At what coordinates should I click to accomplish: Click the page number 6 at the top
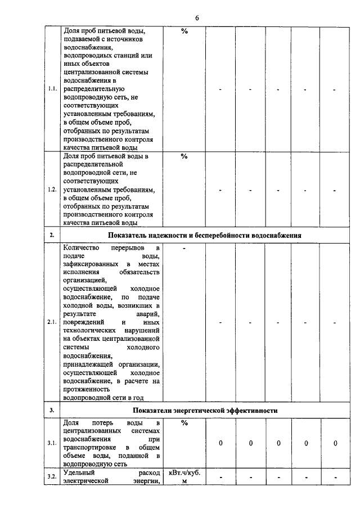pos(197,17)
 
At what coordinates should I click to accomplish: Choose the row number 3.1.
pos(52,444)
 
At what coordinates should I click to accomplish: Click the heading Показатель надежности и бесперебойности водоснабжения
pos(205,235)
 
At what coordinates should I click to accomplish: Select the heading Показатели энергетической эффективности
pos(205,411)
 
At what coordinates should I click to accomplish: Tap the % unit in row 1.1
pos(184,31)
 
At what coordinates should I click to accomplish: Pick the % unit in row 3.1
pos(184,423)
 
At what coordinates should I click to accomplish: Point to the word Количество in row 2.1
pos(82,247)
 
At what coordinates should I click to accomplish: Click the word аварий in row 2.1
pos(148,314)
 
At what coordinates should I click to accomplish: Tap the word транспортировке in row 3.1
pos(92,448)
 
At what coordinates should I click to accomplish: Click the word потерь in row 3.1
pos(105,423)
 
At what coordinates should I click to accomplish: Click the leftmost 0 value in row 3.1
pos(220,444)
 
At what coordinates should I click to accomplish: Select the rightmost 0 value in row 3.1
pos(335,444)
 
